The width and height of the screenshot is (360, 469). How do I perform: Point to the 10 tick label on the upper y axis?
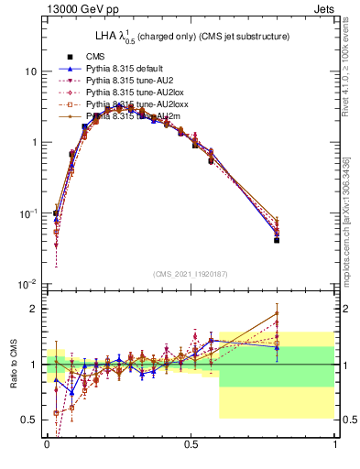[31, 71]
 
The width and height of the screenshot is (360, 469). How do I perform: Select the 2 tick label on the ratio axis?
[34, 309]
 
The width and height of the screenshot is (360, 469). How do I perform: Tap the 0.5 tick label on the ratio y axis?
[29, 420]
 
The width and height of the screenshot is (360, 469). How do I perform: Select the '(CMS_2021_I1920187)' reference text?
[191, 274]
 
